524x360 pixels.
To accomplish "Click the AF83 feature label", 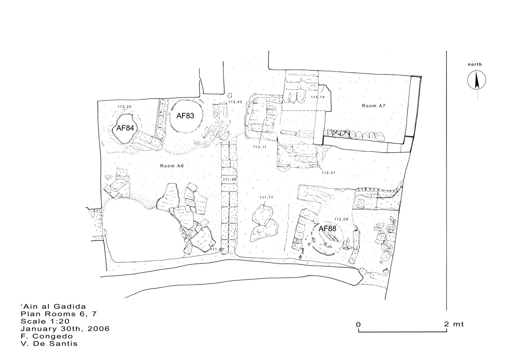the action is (x=185, y=115).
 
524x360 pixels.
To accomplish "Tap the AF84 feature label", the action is (x=125, y=128).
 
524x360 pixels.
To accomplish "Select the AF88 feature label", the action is (x=328, y=229).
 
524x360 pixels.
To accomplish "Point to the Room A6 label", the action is (x=172, y=166).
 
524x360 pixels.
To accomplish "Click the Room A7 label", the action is (x=374, y=106).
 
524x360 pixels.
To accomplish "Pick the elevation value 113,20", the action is (x=124, y=107).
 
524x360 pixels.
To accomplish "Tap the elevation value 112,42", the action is (x=235, y=102).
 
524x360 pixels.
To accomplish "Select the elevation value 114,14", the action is (x=318, y=97).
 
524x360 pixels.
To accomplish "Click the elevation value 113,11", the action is (x=259, y=147).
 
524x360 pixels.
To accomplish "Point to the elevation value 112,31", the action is (x=329, y=173).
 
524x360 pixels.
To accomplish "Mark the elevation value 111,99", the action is (x=229, y=180).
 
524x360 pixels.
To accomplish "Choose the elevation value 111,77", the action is (x=266, y=198).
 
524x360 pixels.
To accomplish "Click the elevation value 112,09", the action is (x=341, y=219).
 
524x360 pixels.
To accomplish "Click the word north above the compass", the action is (x=475, y=65).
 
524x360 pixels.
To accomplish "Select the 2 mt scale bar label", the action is (x=454, y=324).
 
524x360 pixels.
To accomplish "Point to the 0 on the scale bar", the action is (x=358, y=324).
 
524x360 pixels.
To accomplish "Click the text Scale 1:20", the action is (x=45, y=321).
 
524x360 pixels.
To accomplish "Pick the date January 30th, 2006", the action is (x=65, y=329).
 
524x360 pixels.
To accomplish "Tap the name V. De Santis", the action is (x=49, y=344).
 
